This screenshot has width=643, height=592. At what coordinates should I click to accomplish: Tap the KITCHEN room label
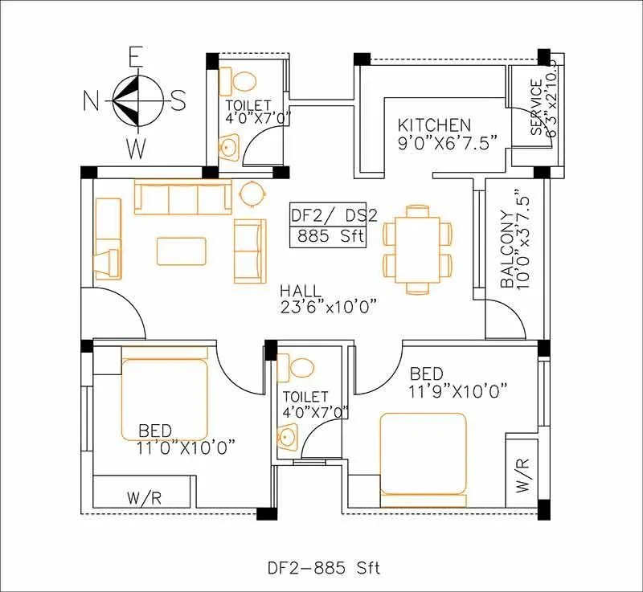(435, 125)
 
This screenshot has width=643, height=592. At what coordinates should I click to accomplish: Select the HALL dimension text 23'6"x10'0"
(330, 306)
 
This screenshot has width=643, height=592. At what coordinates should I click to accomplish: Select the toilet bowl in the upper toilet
(242, 81)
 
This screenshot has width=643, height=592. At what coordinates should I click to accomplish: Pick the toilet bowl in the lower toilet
(301, 367)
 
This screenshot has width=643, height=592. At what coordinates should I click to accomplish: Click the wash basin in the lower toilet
(288, 436)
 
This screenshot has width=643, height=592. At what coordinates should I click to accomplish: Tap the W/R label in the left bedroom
(145, 498)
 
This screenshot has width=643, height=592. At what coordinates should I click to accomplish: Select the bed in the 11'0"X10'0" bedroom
(165, 398)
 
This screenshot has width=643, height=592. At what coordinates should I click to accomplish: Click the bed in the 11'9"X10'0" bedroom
(424, 454)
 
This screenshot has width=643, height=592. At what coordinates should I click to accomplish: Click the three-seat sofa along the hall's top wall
(182, 198)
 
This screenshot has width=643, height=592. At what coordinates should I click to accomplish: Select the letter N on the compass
(92, 100)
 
